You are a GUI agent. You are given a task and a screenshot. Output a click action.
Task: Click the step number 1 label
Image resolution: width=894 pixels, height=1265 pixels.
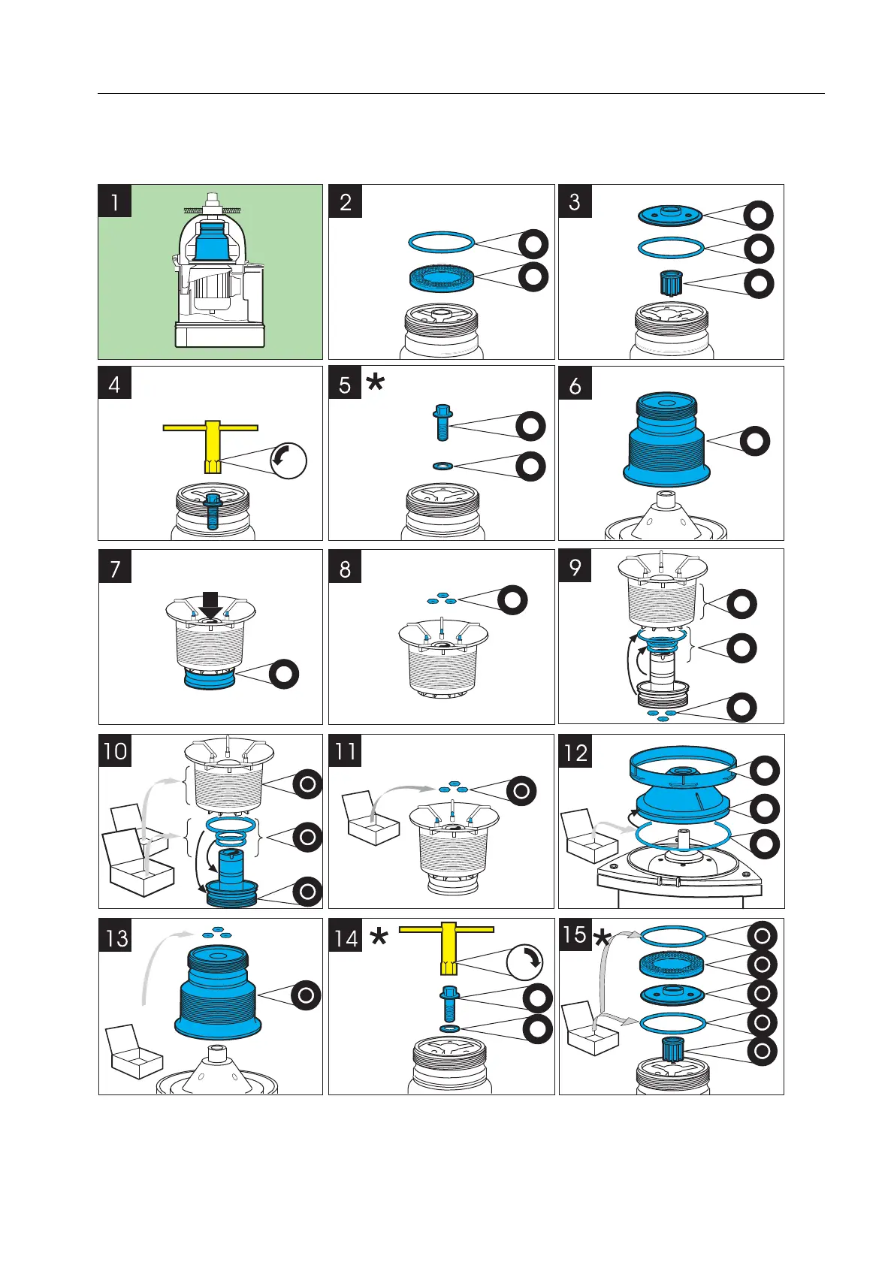coord(115,201)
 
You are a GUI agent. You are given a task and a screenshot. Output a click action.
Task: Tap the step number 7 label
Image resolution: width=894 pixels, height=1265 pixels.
coord(115,567)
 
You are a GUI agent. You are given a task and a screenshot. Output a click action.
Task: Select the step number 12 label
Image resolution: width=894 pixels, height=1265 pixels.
coord(575,752)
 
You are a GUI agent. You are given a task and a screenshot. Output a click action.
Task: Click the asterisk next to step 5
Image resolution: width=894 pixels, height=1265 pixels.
coord(375,383)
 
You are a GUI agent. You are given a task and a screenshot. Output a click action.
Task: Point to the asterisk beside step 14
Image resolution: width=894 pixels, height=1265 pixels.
coord(379,937)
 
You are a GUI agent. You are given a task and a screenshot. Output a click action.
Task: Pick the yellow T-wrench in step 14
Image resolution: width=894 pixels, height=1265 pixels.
coord(446,946)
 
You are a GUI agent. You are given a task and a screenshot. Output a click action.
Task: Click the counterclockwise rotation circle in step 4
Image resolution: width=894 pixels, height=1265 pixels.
coord(288,460)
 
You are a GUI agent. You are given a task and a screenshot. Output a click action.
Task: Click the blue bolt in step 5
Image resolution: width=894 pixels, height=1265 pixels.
coord(442,422)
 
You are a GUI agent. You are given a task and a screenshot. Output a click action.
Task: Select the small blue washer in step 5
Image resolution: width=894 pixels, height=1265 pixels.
coord(442,466)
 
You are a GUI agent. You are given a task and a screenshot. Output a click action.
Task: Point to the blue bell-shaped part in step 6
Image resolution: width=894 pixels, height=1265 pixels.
coord(666,441)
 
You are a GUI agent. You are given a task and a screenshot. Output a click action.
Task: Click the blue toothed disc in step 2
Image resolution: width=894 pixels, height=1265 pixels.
coord(441,276)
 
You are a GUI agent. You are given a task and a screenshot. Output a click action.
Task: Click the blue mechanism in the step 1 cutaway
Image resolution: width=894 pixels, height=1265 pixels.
coord(213,240)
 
